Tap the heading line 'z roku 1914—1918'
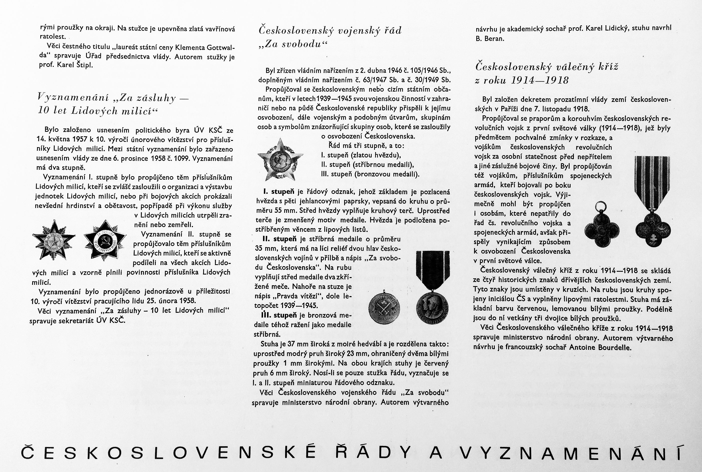click(522, 80)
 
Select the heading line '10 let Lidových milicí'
click(98, 111)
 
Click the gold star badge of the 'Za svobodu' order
click(280, 159)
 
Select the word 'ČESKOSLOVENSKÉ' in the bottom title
click(169, 453)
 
